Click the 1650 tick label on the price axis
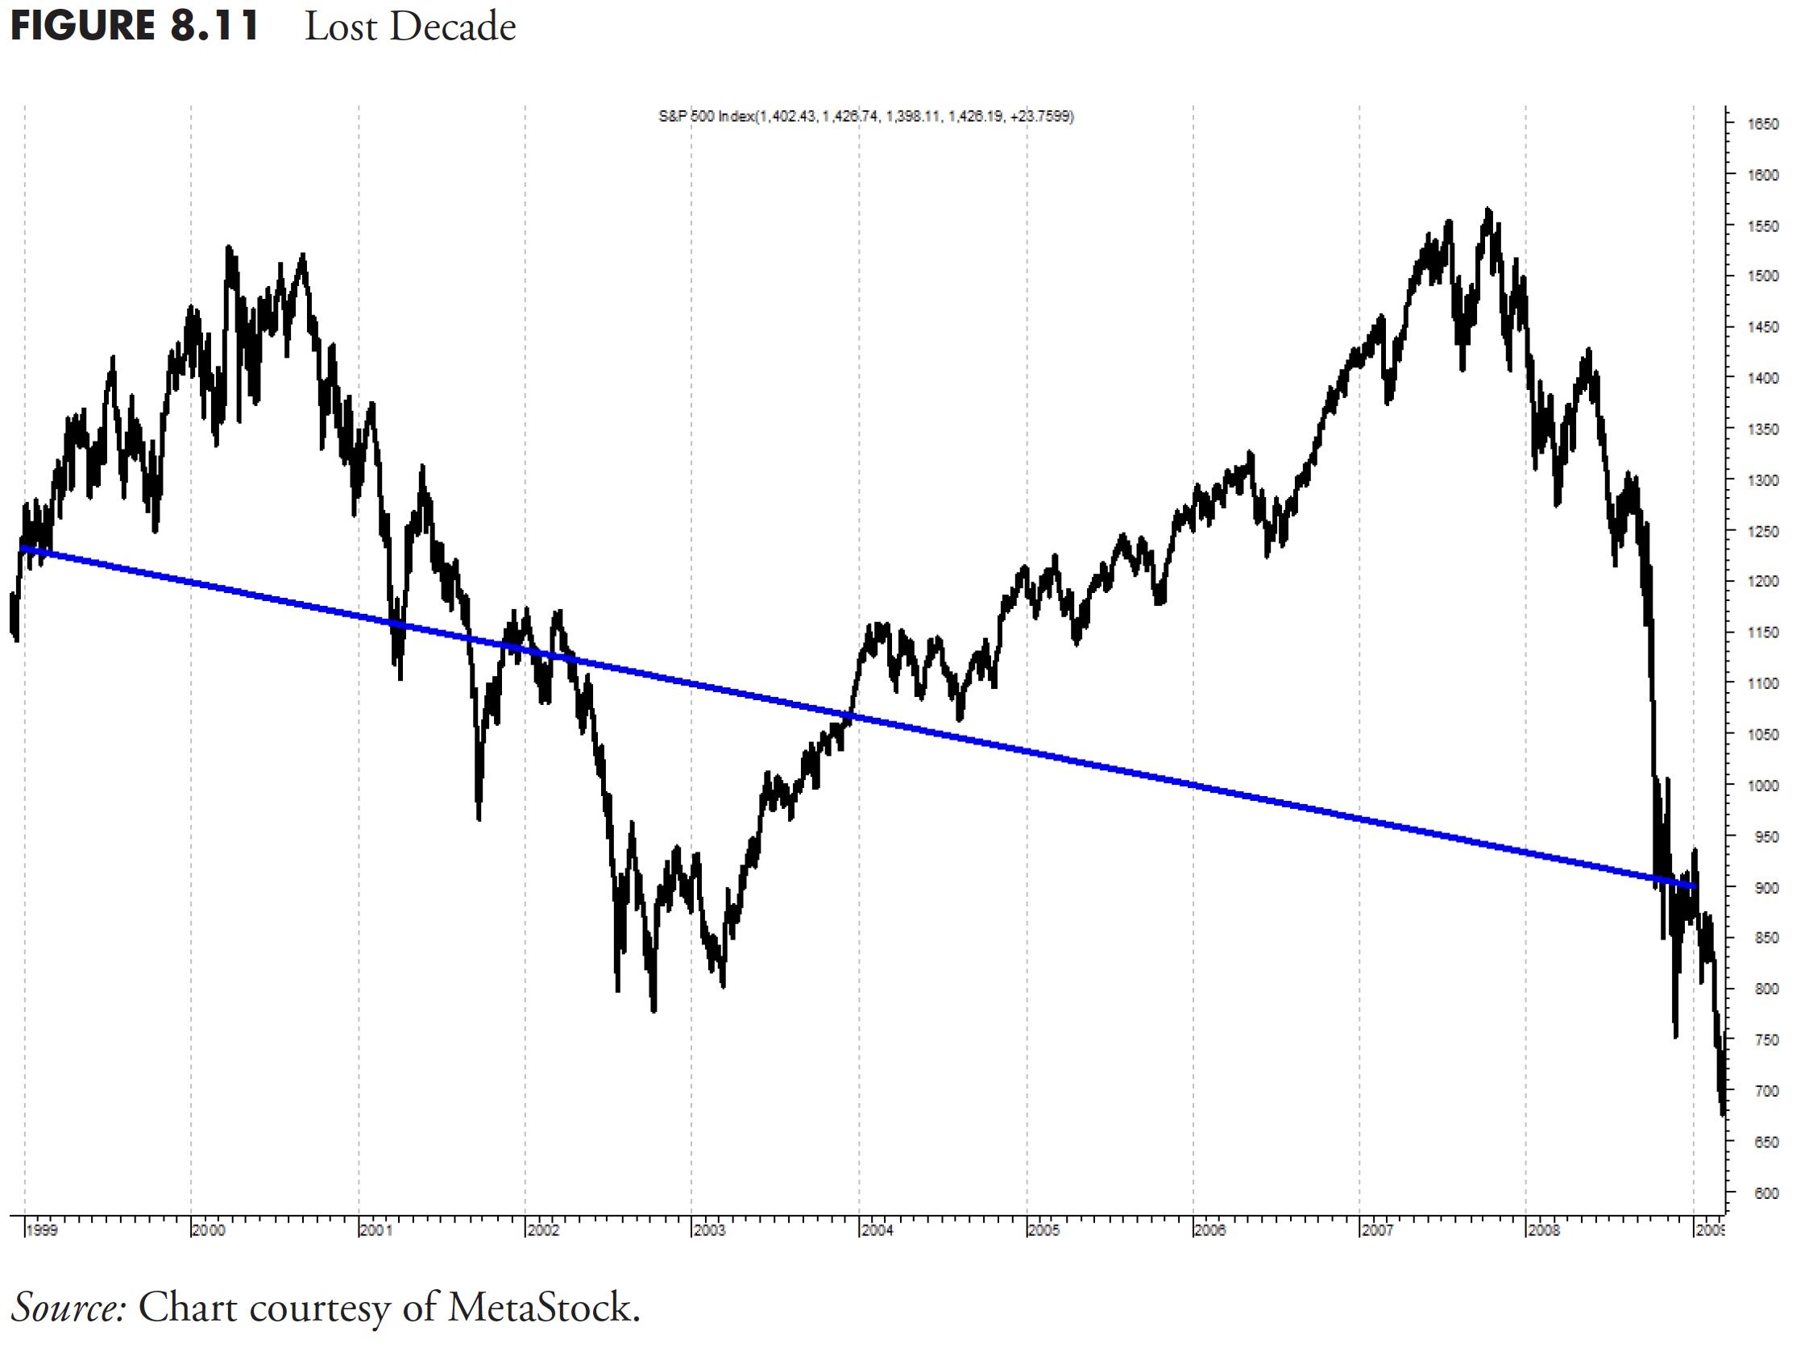pyautogui.click(x=1762, y=124)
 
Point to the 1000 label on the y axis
pyautogui.click(x=1762, y=786)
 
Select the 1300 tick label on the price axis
pyautogui.click(x=1762, y=480)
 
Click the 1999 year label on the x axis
pyautogui.click(x=42, y=1230)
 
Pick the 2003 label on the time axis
pyautogui.click(x=709, y=1230)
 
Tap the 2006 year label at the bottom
pyautogui.click(x=1209, y=1230)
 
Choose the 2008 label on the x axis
pyautogui.click(x=1543, y=1230)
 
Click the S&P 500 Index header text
pyautogui.click(x=866, y=116)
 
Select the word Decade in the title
pyautogui.click(x=452, y=27)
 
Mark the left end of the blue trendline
pyautogui.click(x=22, y=548)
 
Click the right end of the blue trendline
pyautogui.click(x=1694, y=887)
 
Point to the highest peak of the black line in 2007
pyautogui.click(x=1487, y=210)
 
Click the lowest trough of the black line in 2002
pyautogui.click(x=653, y=1010)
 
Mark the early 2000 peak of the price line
pyautogui.click(x=228, y=247)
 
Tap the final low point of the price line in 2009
pyautogui.click(x=1723, y=1114)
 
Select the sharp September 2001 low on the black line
pyautogui.click(x=479, y=818)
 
